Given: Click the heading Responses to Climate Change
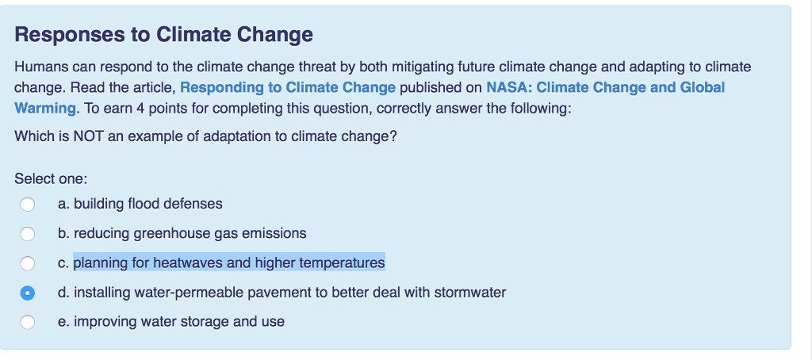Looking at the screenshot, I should pos(163,35).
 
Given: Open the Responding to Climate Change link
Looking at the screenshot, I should pos(288,87).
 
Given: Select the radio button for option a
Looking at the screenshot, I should pos(28,205).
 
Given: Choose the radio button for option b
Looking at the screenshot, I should pos(28,234).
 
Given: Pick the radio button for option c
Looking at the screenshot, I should pos(28,263).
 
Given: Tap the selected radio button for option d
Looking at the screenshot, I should pos(28,293).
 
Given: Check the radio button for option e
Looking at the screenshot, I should pos(28,322).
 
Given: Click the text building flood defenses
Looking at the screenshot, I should pos(148,204).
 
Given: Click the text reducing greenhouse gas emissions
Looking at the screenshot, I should pos(190,233).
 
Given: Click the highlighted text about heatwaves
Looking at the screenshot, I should pos(229,262).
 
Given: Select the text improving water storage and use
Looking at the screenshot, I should pos(179,321).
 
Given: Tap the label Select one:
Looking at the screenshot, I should pos(51,179).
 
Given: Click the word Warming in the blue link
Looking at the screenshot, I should pos(44,108).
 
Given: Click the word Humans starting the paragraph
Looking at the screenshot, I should pos(39,67).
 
